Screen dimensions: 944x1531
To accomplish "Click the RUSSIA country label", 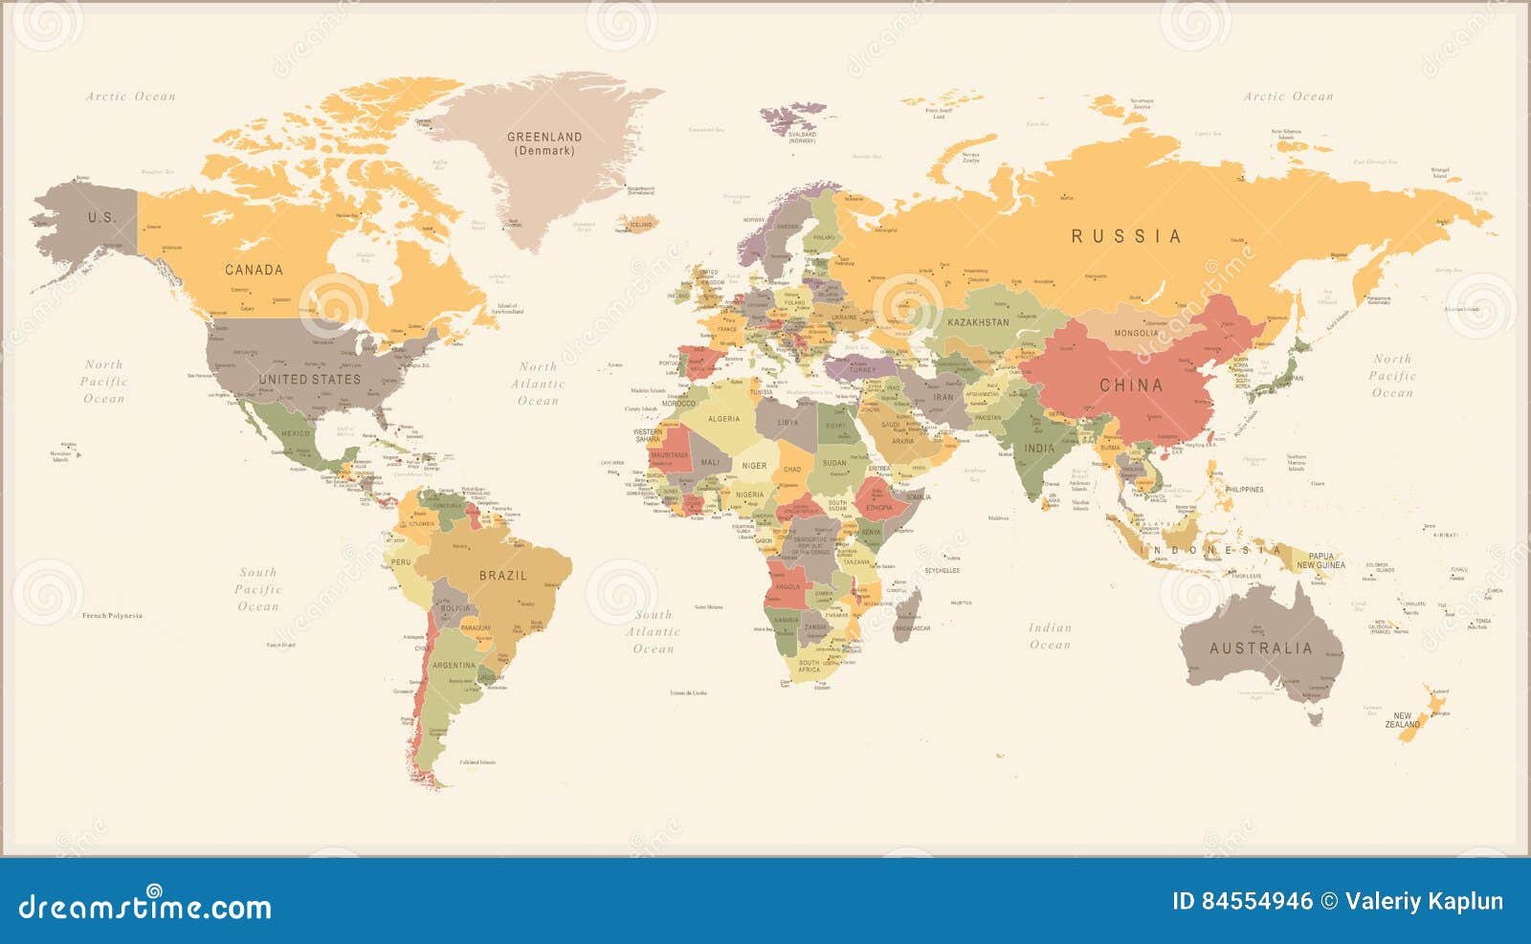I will click(x=1126, y=236).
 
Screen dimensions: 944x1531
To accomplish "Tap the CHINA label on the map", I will click(x=1131, y=385).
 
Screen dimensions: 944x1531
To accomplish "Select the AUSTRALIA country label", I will click(x=1261, y=648).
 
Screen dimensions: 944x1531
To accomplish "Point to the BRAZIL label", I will click(x=503, y=576).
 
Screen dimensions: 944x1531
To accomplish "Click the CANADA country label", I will click(x=254, y=270).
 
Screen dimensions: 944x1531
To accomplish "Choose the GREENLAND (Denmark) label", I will click(x=544, y=143).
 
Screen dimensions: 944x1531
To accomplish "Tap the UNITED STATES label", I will click(x=309, y=380).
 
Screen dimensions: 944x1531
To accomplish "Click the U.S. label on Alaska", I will click(x=101, y=217).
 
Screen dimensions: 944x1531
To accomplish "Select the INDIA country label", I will click(x=1039, y=448).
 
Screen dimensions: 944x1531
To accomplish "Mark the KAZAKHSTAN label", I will click(x=978, y=322).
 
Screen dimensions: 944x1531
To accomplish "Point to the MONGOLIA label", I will click(x=1136, y=333).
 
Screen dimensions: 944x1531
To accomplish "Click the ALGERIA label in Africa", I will click(x=723, y=419).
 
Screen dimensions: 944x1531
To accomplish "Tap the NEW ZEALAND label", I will click(x=1403, y=720).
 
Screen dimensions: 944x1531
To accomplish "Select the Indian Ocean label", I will click(x=1050, y=636).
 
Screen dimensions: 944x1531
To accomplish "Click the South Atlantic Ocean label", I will click(x=654, y=631).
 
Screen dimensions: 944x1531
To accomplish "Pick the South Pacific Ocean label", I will click(x=257, y=589).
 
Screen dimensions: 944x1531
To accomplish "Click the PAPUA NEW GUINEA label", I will click(x=1320, y=560).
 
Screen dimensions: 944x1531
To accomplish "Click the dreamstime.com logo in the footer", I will click(x=145, y=905).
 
